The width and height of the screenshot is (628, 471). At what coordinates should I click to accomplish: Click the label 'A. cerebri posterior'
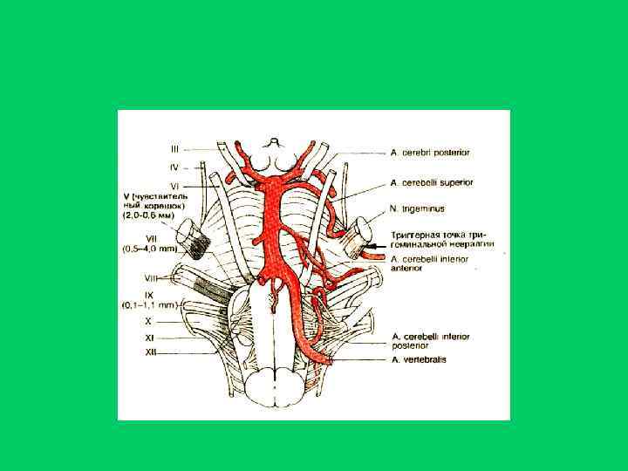(430, 153)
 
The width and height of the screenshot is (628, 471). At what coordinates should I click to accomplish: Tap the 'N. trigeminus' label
(419, 209)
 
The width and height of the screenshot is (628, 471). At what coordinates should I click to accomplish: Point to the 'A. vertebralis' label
(420, 359)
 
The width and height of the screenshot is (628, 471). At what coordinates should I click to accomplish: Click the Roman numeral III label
(174, 148)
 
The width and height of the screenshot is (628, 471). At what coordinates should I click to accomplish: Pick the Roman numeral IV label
(174, 166)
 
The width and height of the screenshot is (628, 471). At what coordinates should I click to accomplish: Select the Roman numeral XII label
(151, 352)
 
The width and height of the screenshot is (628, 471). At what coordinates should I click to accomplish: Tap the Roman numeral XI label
(150, 336)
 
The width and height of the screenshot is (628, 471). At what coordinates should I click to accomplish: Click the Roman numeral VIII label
(151, 276)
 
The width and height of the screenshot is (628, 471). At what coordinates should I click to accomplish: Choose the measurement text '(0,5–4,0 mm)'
(150, 249)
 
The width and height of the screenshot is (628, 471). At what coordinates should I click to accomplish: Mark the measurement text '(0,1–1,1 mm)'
(150, 305)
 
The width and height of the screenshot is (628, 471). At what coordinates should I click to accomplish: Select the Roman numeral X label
(148, 320)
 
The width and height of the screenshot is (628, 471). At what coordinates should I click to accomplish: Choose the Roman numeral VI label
(174, 186)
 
